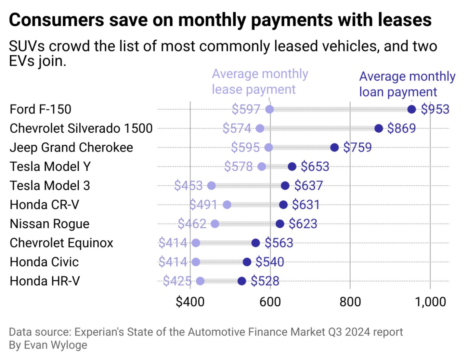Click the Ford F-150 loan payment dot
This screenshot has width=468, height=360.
tap(411, 109)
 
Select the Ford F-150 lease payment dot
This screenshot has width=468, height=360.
tap(269, 109)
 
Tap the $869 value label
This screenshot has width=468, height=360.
tap(401, 128)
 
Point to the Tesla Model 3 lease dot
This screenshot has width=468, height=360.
tap(211, 186)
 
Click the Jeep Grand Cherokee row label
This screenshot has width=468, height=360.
tap(71, 147)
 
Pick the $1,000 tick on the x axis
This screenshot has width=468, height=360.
tap(430, 302)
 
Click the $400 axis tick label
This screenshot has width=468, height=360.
tap(190, 302)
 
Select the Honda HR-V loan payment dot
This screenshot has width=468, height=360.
tap(241, 281)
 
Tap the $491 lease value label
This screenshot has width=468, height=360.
tap(203, 205)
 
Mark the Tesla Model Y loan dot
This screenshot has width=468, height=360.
tap(292, 167)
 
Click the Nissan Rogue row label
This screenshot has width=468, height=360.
tap(49, 224)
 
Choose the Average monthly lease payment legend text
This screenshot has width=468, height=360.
tap(260, 82)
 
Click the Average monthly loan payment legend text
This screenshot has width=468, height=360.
tap(407, 84)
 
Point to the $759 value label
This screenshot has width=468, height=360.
tap(357, 148)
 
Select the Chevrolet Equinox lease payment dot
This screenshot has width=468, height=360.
tap(196, 243)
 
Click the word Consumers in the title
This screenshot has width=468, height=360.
tap(56, 20)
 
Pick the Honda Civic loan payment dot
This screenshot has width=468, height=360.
tap(247, 262)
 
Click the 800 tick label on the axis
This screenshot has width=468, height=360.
tap(350, 302)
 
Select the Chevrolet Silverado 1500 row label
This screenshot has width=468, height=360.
tap(81, 128)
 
